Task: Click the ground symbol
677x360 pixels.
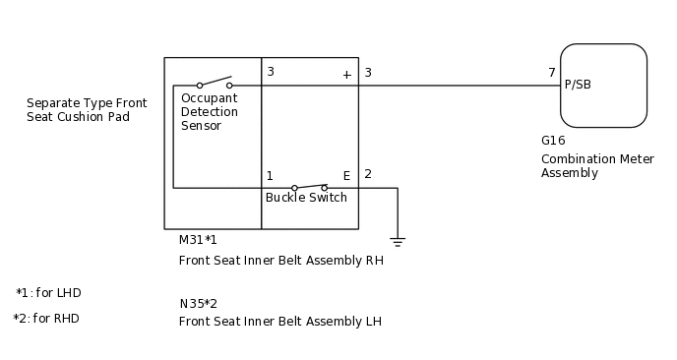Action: coord(398,240)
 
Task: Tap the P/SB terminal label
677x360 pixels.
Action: coord(578,85)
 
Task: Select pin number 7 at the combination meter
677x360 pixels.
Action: coord(552,73)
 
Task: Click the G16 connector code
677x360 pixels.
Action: coord(553,141)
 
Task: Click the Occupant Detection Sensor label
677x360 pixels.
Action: coord(209,112)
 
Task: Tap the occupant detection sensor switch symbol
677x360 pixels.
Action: coord(215,83)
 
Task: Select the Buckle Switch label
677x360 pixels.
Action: coord(306,198)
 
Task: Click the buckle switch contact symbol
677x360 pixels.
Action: coord(309,186)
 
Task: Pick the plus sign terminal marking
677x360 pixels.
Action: coord(346,74)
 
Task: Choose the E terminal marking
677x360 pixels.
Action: coord(346,176)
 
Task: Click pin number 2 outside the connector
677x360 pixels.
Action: coord(368,174)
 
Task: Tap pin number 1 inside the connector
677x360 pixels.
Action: coord(270,176)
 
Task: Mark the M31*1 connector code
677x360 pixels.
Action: coord(198,240)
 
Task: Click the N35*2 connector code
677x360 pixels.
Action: coord(198,303)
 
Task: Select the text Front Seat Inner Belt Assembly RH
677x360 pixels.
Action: coord(280,261)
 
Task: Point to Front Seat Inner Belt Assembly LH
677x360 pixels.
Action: coord(280,322)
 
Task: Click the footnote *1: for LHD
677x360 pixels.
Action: coord(48,293)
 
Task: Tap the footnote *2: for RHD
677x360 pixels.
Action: coord(46,319)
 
